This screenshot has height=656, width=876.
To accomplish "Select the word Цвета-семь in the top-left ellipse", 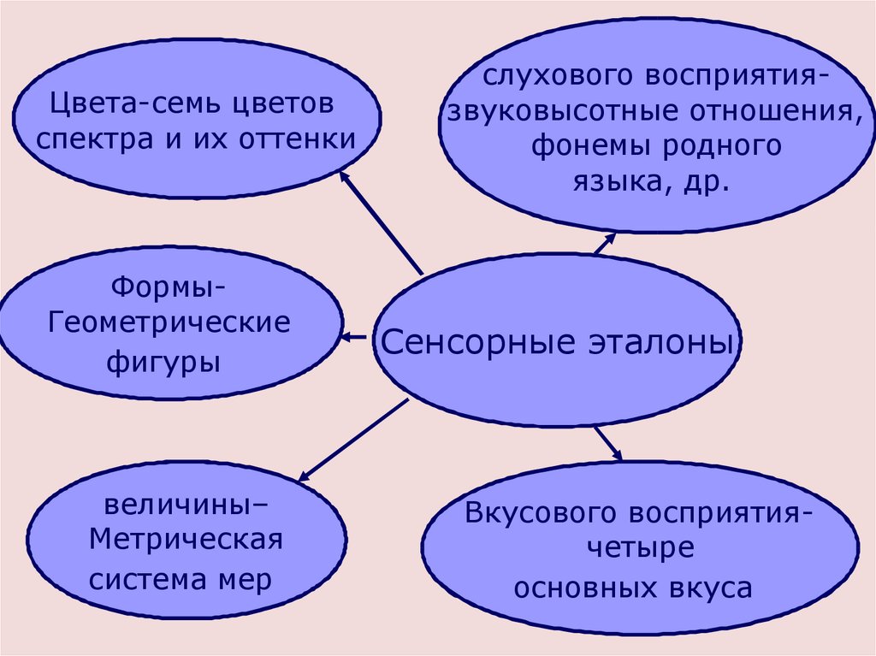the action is [x=127, y=106].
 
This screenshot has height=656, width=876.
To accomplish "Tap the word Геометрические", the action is [x=169, y=323].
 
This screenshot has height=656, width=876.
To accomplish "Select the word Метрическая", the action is [x=186, y=541].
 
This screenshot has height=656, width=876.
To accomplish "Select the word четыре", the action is [x=639, y=549].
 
